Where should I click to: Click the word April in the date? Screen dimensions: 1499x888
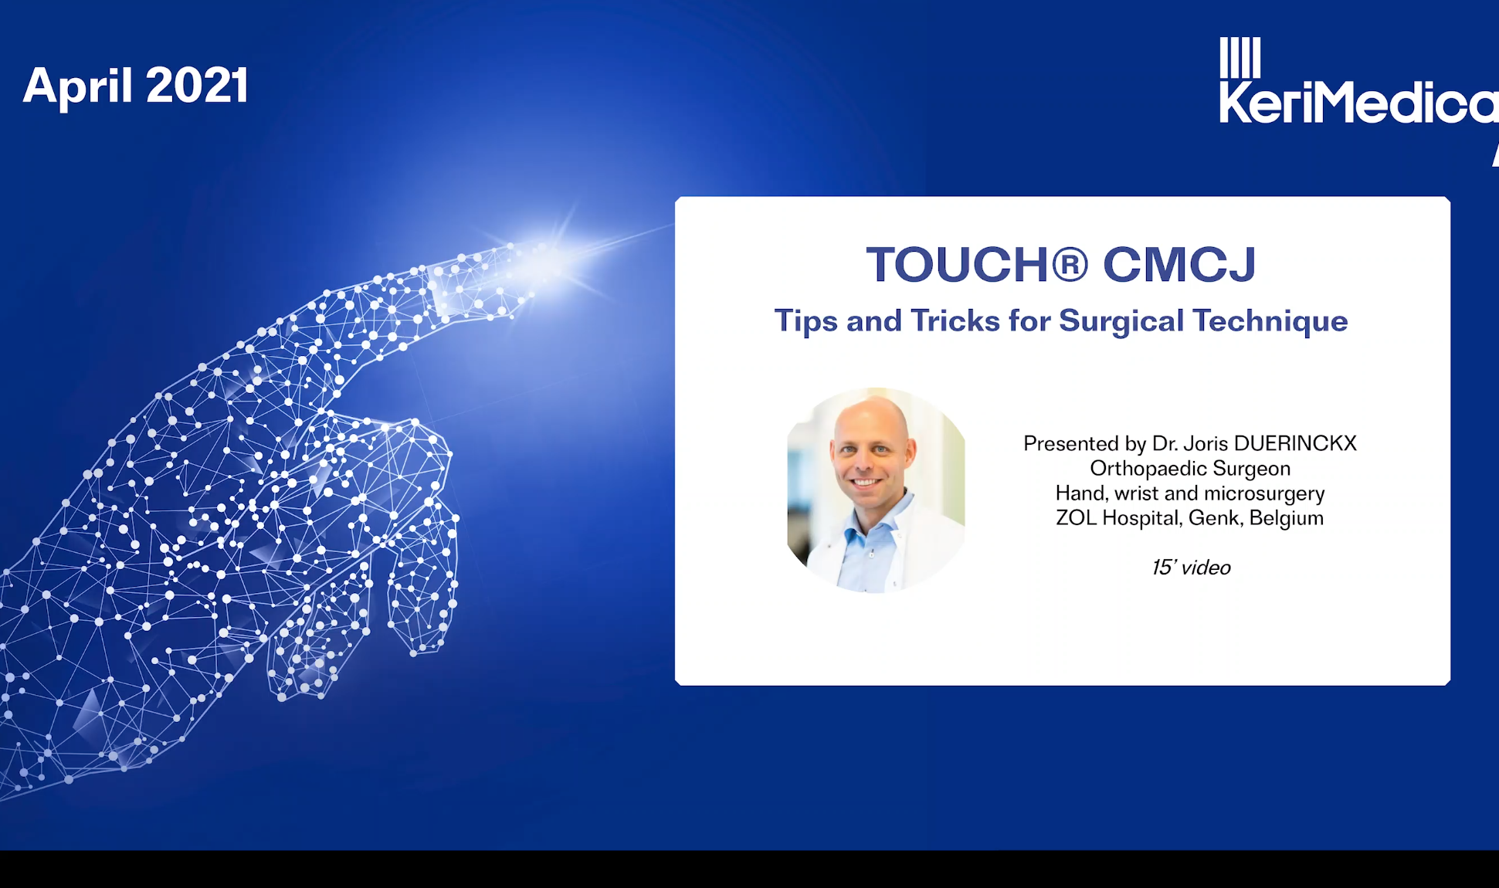click(77, 86)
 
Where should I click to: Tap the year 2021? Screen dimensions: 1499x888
click(197, 85)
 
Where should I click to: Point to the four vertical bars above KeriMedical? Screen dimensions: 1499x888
click(1240, 57)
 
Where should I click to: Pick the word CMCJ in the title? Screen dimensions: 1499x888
click(1179, 264)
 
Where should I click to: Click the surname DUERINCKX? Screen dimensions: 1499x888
click(1295, 443)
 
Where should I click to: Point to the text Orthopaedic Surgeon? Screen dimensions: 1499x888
click(1190, 469)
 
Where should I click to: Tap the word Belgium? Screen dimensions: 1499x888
click(1287, 518)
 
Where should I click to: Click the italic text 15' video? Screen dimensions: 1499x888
click(1191, 568)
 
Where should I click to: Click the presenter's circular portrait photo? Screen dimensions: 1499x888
click(876, 490)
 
